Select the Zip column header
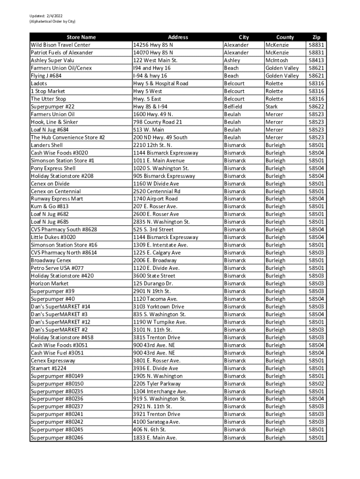[317, 37]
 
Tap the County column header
[285, 37]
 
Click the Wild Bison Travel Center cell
[60, 45]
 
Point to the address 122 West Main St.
[155, 60]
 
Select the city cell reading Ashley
[232, 60]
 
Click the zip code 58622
[317, 107]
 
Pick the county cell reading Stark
[272, 107]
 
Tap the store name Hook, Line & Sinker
[54, 122]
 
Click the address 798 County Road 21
[158, 122]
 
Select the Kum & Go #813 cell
[50, 206]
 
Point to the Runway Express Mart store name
[57, 199]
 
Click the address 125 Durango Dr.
[153, 283]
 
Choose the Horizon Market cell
[50, 283]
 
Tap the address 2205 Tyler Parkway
[157, 384]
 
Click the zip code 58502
[317, 384]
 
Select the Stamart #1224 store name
[50, 368]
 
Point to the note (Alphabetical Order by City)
[52, 22]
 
